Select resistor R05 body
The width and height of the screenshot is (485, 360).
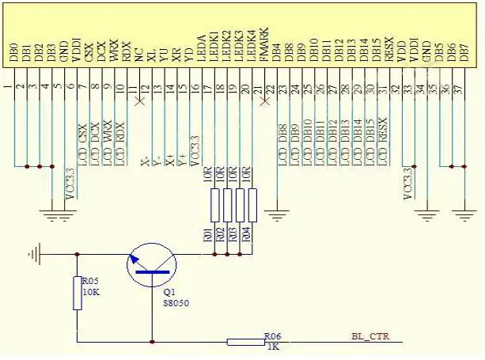click(77, 293)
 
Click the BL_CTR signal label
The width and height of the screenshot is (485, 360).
click(371, 335)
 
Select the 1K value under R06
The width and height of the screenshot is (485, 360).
click(272, 346)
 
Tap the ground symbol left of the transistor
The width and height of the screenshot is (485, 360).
click(32, 254)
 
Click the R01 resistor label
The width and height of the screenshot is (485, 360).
click(208, 234)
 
